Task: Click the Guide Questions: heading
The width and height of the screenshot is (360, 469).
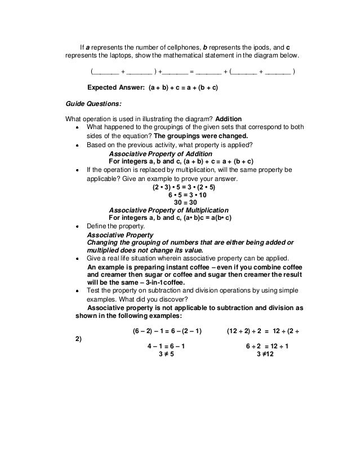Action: [x=94, y=104]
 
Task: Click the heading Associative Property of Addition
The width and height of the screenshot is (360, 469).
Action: [x=160, y=153]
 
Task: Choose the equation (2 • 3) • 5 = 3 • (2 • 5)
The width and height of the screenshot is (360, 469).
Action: [x=183, y=185]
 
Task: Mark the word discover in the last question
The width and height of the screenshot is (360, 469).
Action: [x=170, y=299]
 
